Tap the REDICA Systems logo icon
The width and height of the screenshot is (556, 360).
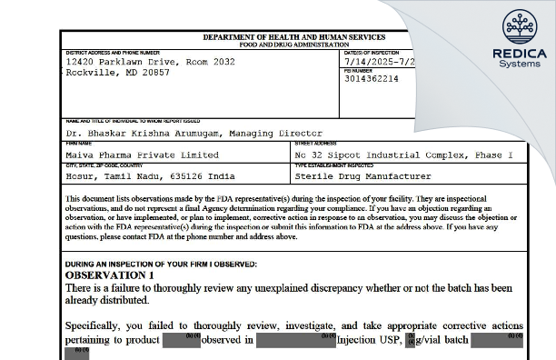pos(520,28)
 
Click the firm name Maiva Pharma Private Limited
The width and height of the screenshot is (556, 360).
pos(142,155)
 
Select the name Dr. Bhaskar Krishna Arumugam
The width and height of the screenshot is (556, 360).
pos(149,133)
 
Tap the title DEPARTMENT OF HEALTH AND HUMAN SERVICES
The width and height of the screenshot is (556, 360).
pos(293,36)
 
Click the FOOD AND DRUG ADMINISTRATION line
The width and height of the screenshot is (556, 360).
pos(293,44)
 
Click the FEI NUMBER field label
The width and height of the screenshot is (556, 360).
pos(358,69)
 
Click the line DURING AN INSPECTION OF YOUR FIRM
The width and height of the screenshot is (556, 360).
pos(161,264)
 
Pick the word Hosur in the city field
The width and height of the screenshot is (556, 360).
pos(81,176)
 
